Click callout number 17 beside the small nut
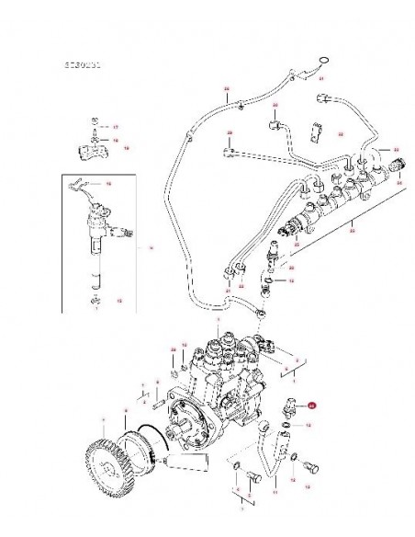point(116,124)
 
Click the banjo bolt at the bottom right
point(308,467)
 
